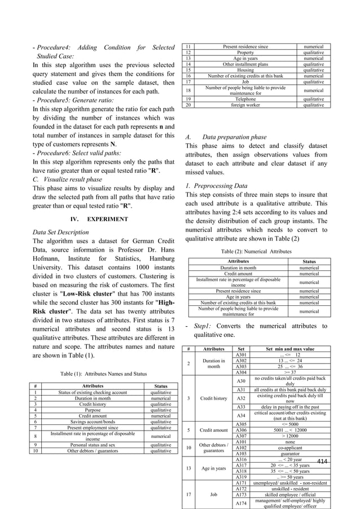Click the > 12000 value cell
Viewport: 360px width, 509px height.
point(289,435)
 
